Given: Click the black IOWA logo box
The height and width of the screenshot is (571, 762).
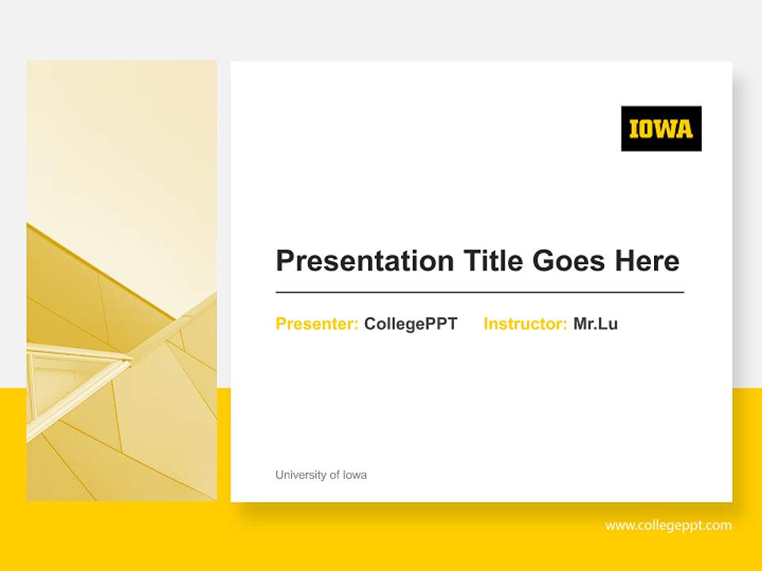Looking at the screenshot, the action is [661, 128].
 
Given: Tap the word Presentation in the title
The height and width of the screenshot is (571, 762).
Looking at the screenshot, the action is [365, 261].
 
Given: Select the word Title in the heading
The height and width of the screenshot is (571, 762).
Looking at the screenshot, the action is [493, 260].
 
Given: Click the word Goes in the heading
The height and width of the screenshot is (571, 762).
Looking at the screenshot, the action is [569, 261].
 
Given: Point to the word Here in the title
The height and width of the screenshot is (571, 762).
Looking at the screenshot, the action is [648, 261].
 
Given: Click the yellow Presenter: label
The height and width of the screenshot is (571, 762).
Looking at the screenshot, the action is [317, 324].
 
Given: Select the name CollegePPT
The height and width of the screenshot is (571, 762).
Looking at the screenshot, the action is [410, 324].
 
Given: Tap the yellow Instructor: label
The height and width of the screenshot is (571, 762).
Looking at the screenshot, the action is [525, 324].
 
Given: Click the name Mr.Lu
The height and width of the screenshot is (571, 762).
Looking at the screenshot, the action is [595, 324].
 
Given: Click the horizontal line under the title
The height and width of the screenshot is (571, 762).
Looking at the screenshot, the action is [479, 293].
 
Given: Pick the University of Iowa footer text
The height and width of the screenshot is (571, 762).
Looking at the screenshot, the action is [321, 475].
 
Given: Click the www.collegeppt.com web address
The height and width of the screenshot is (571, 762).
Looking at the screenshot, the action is [668, 525].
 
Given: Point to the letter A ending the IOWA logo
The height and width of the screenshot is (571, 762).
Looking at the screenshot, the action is [684, 129].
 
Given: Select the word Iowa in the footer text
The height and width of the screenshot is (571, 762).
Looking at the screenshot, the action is [355, 475].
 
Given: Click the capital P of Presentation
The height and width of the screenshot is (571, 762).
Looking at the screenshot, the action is [285, 260].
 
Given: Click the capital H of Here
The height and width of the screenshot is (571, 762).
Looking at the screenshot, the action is [625, 260].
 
